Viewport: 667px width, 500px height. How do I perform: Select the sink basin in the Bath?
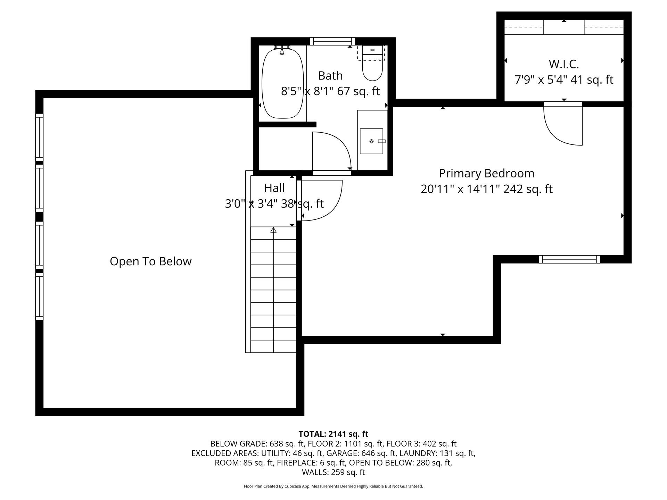[371, 141]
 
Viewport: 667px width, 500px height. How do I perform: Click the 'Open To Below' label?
[150, 261]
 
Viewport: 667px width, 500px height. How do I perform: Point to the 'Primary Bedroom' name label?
[486, 173]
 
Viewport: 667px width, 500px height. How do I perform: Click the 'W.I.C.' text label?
[563, 64]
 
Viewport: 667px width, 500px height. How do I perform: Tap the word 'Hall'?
[274, 188]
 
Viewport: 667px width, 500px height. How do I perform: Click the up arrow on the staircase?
[273, 230]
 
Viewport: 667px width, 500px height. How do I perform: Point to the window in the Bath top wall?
[332, 41]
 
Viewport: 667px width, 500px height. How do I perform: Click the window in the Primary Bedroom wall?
[569, 259]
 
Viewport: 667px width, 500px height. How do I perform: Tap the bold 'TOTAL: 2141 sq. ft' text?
[333, 434]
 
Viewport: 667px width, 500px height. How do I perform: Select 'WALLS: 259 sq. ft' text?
[333, 472]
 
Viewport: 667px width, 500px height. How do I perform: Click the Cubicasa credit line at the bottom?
[333, 486]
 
